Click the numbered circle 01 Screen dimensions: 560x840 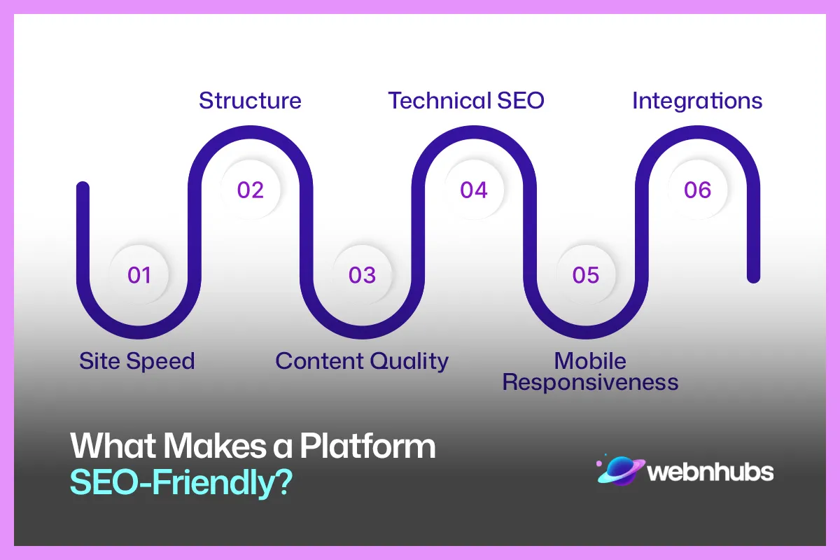point(139,275)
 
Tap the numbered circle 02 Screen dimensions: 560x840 point(251,190)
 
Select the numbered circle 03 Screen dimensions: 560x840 point(362,275)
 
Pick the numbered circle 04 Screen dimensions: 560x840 point(474,190)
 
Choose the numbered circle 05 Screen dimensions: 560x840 point(586,275)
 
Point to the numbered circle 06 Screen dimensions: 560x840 point(697,190)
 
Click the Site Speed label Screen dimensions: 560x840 point(136,361)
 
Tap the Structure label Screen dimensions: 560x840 point(250,100)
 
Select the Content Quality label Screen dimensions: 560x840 point(361,361)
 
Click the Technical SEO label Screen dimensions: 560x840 point(466,100)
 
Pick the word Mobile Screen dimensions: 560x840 point(590,361)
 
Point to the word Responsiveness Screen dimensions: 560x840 point(590,382)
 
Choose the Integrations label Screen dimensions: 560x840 point(697,100)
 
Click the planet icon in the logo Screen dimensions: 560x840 point(619,470)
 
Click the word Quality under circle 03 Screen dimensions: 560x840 point(409,361)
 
